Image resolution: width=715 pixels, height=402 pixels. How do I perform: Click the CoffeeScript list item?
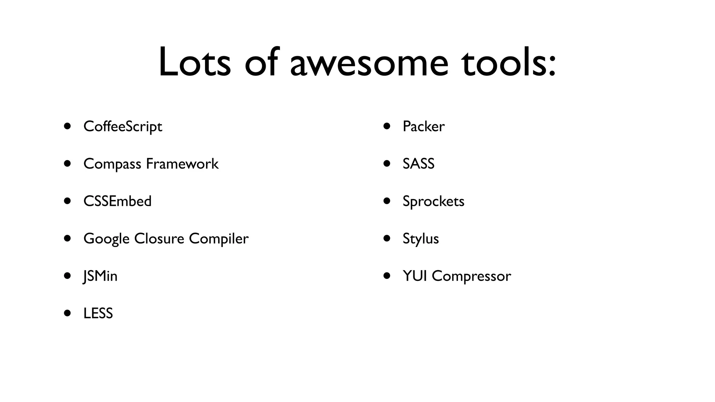pyautogui.click(x=123, y=126)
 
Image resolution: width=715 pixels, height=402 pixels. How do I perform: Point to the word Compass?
pyautogui.click(x=112, y=164)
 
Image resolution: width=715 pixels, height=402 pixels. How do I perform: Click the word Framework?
pyautogui.click(x=182, y=164)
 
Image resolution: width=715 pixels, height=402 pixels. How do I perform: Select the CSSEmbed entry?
pyautogui.click(x=117, y=201)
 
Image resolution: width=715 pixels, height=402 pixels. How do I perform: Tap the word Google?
pyautogui.click(x=106, y=239)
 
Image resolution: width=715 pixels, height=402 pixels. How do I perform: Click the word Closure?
pyautogui.click(x=159, y=239)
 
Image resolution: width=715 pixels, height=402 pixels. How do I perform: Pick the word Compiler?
pyautogui.click(x=219, y=239)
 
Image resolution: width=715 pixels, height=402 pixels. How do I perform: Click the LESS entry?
pyautogui.click(x=98, y=313)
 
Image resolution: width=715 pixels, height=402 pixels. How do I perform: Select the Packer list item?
pyautogui.click(x=423, y=126)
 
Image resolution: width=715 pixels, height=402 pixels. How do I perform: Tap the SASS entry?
pyautogui.click(x=418, y=164)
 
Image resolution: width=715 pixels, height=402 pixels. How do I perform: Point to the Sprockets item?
pyautogui.click(x=433, y=201)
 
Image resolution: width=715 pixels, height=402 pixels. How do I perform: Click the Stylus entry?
pyautogui.click(x=420, y=239)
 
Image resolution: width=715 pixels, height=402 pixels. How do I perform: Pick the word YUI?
pyautogui.click(x=415, y=276)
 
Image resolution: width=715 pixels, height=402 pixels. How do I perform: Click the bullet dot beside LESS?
pyautogui.click(x=68, y=313)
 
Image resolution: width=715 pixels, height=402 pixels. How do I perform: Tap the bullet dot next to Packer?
pyautogui.click(x=387, y=126)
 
